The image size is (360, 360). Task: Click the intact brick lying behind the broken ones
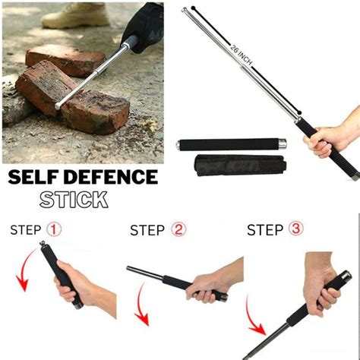65,58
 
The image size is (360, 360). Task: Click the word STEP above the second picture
147,230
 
